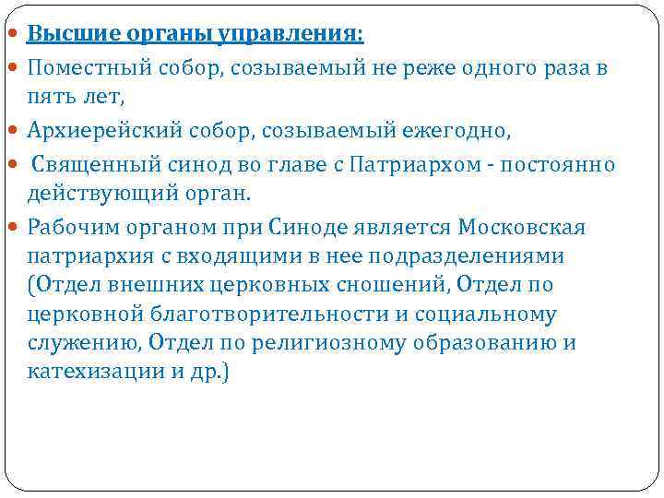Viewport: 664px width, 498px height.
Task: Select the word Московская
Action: point(523,226)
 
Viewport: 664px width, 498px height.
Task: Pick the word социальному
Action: point(485,314)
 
